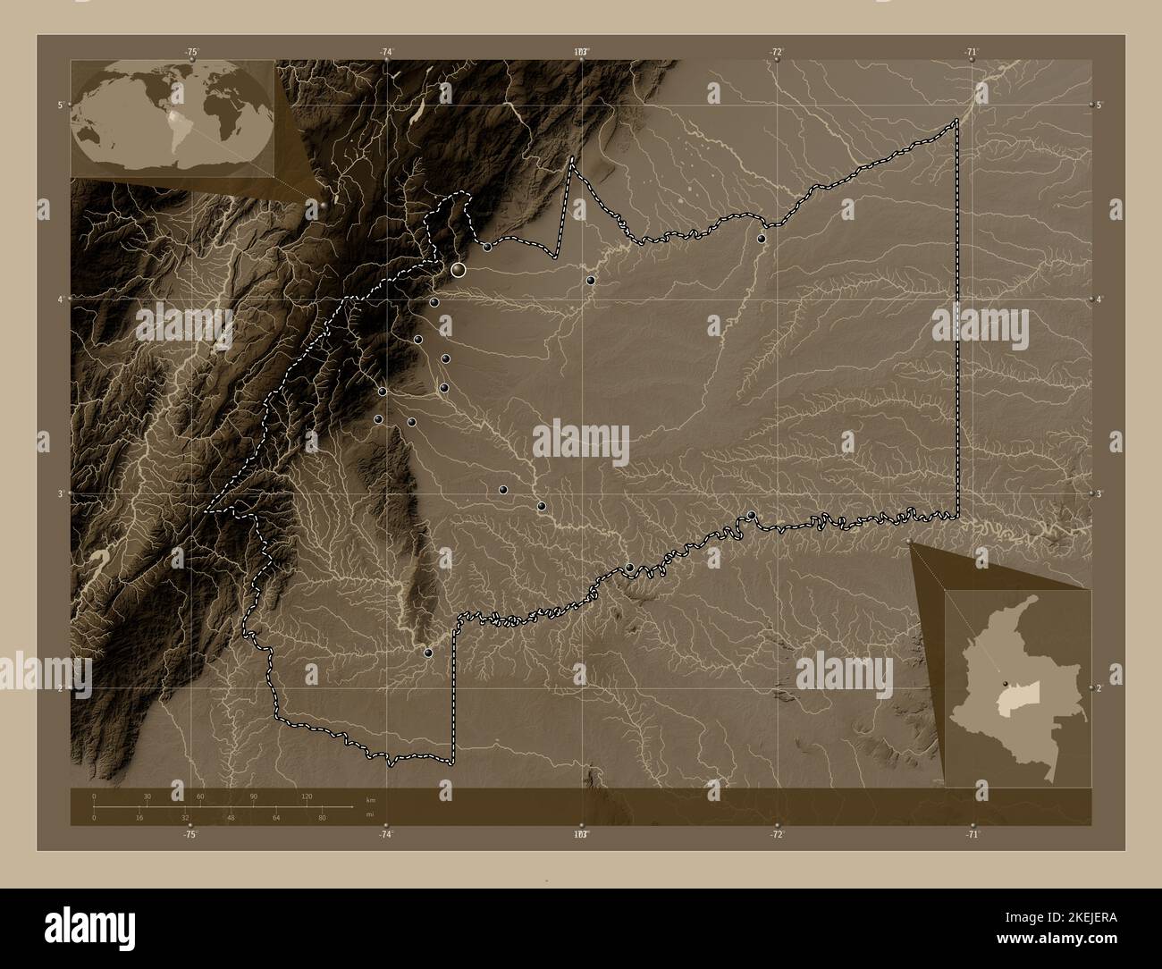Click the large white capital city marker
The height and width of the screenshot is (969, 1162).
(x=459, y=268)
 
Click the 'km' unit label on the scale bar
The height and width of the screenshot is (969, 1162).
(x=371, y=799)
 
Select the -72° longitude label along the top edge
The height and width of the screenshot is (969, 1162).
(x=777, y=52)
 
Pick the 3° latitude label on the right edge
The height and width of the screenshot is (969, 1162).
(x=1099, y=493)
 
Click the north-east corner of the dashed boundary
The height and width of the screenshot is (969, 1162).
(x=957, y=120)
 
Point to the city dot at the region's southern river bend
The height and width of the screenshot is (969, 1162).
(x=430, y=653)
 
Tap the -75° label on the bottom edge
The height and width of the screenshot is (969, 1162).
(x=189, y=835)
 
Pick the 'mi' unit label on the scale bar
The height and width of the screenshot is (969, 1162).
(x=369, y=814)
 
